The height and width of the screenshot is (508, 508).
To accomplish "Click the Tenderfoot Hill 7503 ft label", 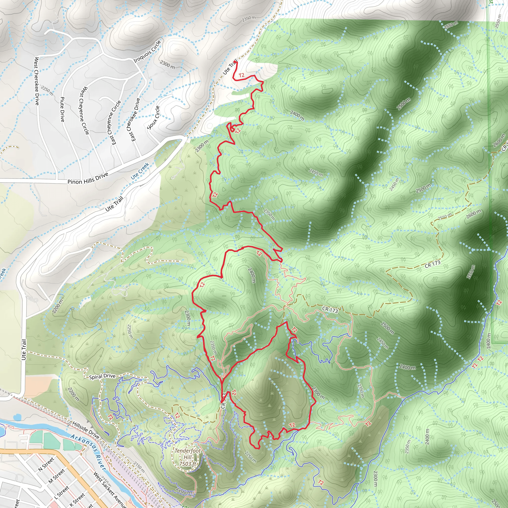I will point(188,457).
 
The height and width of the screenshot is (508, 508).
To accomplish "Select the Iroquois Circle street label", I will point(147,52).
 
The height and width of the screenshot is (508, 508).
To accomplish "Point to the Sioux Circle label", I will point(154,118).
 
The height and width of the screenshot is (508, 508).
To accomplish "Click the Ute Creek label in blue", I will point(140,171).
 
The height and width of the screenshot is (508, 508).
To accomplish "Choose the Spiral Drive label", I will point(102,376).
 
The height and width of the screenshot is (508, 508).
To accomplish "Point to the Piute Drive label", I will point(62,109).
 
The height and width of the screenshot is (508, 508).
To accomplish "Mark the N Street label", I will point(46,464).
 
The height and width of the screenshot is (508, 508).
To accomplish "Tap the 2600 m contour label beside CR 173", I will point(474,214).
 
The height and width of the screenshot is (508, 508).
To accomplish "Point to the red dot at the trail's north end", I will point(235,62).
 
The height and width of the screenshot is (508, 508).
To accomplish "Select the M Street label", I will point(57,476).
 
